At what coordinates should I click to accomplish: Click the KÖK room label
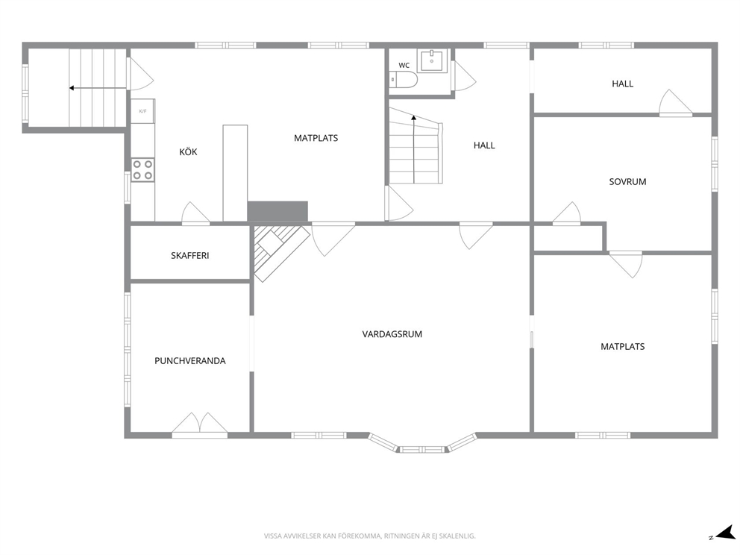pyautogui.click(x=188, y=152)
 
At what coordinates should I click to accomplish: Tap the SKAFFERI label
pyautogui.click(x=189, y=256)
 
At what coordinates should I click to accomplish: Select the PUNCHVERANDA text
pyautogui.click(x=190, y=361)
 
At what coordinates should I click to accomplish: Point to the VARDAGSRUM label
pyautogui.click(x=392, y=334)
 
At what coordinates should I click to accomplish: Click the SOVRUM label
pyautogui.click(x=627, y=182)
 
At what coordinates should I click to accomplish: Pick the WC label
pyautogui.click(x=404, y=66)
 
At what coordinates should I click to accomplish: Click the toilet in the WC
pyautogui.click(x=404, y=80)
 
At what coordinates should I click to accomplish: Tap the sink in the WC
pyautogui.click(x=431, y=60)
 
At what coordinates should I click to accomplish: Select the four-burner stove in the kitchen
pyautogui.click(x=142, y=170)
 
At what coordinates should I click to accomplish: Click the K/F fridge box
pyautogui.click(x=142, y=111)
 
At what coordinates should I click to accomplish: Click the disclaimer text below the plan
pyautogui.click(x=369, y=536)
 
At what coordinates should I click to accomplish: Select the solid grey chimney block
pyautogui.click(x=277, y=211)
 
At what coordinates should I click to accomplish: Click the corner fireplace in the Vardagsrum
pyautogui.click(x=277, y=251)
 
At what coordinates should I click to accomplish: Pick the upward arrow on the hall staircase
pyautogui.click(x=414, y=148)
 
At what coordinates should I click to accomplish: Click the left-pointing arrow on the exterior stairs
pyautogui.click(x=98, y=88)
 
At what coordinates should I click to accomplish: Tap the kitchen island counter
pyautogui.click(x=235, y=173)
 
